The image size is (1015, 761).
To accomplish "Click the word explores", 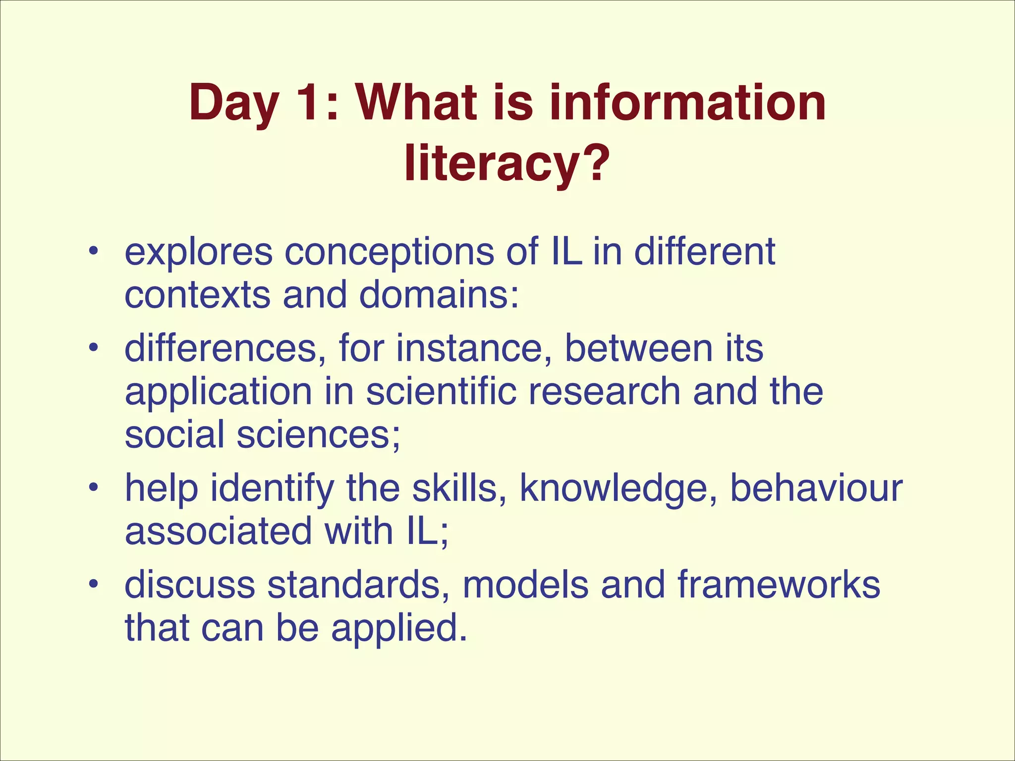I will (198, 253).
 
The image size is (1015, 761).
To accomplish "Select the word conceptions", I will (389, 253).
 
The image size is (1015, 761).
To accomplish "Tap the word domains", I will (439, 295).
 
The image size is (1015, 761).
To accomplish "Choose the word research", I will (605, 391).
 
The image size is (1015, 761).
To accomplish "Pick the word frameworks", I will (779, 585).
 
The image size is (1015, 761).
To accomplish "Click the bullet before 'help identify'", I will (92, 489).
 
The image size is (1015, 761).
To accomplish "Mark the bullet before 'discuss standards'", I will (92, 585).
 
